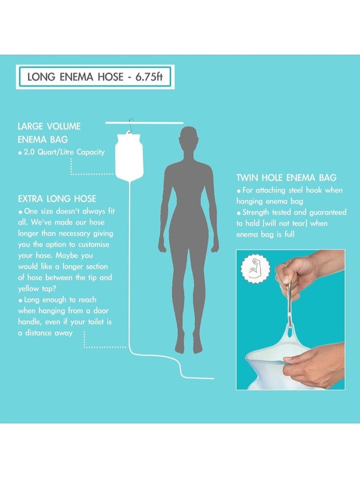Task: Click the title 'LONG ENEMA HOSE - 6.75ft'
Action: tap(94, 77)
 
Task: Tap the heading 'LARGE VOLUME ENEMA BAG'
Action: tap(49, 133)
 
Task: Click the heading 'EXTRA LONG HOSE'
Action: tap(57, 199)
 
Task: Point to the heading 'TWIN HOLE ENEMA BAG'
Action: tap(286, 178)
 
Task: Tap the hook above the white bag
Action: tap(131, 126)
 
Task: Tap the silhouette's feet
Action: tap(189, 346)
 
